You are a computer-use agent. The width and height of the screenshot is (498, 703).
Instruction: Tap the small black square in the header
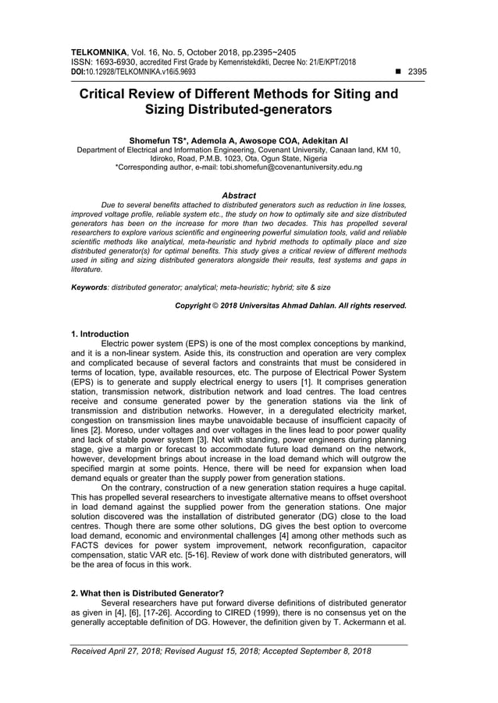tap(399, 71)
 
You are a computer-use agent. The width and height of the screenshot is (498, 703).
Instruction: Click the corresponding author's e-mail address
tap(290, 167)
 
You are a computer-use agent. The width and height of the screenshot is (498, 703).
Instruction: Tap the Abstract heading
tap(239, 196)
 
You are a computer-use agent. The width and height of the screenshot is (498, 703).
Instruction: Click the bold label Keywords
tap(88, 287)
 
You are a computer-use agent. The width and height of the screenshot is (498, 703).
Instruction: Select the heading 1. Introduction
tap(100, 334)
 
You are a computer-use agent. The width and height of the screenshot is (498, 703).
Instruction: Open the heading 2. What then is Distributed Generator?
tap(147, 593)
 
